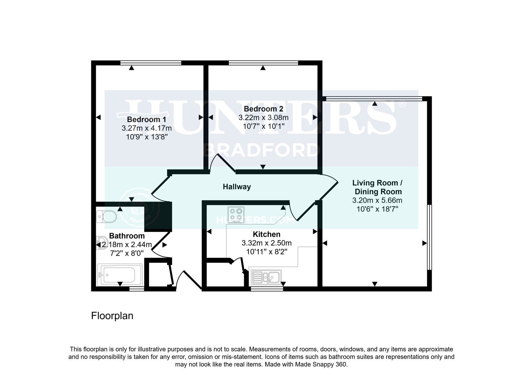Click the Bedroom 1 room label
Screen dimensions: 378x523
tap(147, 119)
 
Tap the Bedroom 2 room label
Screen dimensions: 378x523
tap(263, 109)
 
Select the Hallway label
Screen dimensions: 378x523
tap(237, 187)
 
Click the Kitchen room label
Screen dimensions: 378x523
tap(267, 234)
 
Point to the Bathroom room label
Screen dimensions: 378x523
tap(127, 236)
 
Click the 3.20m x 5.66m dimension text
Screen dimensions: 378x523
tap(377, 201)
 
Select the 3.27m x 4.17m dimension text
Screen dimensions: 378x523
tap(147, 128)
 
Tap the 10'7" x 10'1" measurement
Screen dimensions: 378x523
tap(263, 126)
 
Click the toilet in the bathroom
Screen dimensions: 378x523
tap(107, 217)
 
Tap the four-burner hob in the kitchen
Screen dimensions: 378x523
tap(236, 215)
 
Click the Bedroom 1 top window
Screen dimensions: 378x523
tap(151, 63)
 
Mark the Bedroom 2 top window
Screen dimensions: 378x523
tap(263, 63)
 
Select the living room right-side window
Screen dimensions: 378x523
tap(430, 237)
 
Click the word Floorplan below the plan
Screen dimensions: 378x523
tap(112, 316)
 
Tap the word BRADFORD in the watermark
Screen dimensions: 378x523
tap(262, 150)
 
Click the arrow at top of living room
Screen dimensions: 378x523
tap(375, 104)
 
